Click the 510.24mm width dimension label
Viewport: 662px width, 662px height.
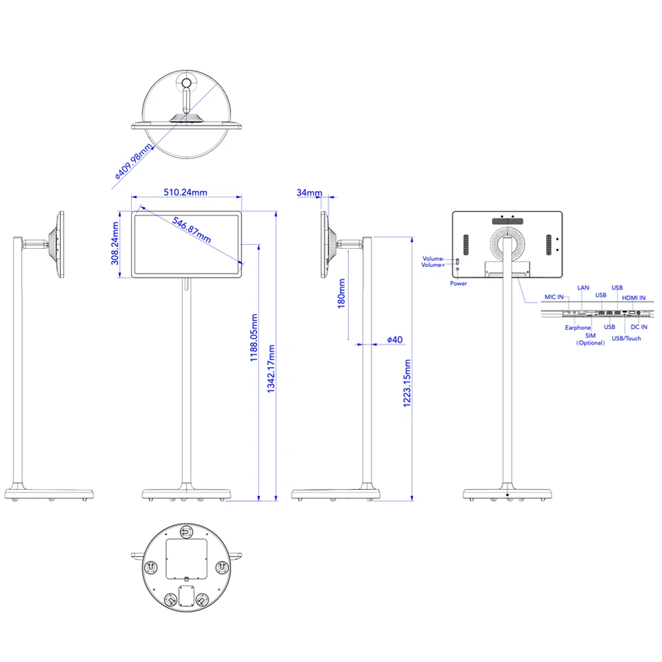(185, 193)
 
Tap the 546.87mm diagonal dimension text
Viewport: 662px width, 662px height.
(192, 230)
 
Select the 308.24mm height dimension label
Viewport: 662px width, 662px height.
(115, 244)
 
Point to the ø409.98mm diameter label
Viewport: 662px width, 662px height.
(134, 162)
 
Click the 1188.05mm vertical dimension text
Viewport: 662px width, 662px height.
(254, 338)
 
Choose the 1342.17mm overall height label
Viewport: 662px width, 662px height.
(271, 369)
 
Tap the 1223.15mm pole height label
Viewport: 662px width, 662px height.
(407, 383)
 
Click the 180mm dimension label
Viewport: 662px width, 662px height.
(342, 293)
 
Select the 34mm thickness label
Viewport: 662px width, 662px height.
(309, 193)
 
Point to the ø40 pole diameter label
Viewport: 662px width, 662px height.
(395, 340)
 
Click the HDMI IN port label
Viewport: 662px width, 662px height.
(634, 298)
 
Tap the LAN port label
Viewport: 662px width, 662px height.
(583, 288)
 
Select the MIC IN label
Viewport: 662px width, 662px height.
(554, 297)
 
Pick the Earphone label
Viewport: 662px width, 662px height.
(578, 328)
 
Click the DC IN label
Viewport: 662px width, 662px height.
(639, 327)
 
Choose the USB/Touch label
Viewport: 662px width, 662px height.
(626, 338)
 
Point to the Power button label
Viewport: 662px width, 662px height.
(459, 284)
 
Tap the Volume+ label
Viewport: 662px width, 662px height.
(433, 265)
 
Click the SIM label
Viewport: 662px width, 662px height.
(591, 336)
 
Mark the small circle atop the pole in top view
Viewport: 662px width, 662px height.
(187, 83)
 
